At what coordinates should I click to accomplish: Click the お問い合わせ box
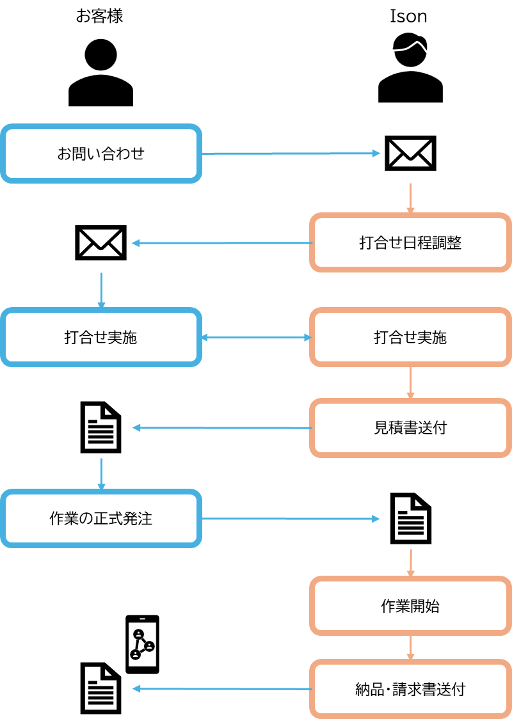pos(100,154)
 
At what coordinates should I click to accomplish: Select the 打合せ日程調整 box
pos(410,243)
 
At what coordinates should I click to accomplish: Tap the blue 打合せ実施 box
pos(100,338)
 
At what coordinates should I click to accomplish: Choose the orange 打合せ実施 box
pos(410,338)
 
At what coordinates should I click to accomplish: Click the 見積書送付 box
pos(410,428)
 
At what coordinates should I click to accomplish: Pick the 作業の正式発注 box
pos(100,518)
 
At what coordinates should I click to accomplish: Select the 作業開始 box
pos(410,606)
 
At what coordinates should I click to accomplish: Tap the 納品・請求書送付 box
pos(410,689)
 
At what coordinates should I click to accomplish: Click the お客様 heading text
pos(100,16)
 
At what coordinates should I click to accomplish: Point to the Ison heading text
pos(408,17)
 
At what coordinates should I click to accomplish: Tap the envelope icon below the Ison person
pos(410,154)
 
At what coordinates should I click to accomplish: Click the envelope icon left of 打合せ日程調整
pos(100,242)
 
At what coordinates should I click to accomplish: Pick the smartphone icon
pos(142,644)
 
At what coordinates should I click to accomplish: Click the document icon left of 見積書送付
pos(100,427)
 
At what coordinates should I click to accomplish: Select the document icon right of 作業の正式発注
pos(411,518)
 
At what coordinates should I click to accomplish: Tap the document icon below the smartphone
pos(100,688)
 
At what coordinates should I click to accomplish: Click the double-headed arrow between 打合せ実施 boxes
pos(255,338)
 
